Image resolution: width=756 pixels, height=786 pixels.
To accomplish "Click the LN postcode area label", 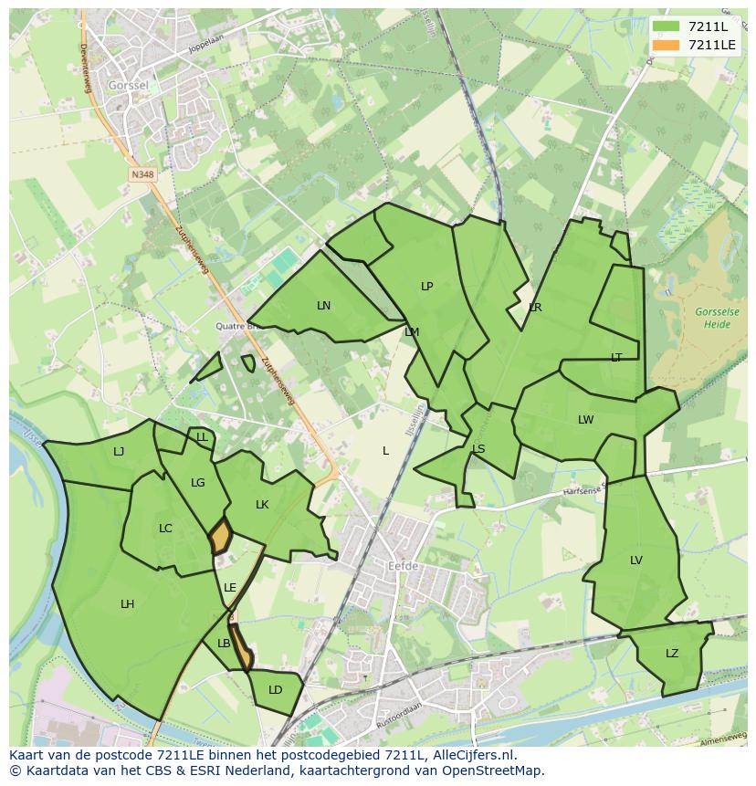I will pyautogui.click(x=323, y=306).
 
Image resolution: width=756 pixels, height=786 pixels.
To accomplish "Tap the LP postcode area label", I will pyautogui.click(x=426, y=287).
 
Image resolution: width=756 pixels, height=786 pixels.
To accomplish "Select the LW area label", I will pyautogui.click(x=585, y=420).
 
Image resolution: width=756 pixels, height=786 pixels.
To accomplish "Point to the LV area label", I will pyautogui.click(x=636, y=561).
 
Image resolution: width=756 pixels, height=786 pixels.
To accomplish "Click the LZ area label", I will pyautogui.click(x=672, y=654).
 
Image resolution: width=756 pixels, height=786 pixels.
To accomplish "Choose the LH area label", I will pyautogui.click(x=127, y=604).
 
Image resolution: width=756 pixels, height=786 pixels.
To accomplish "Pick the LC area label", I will pyautogui.click(x=165, y=529).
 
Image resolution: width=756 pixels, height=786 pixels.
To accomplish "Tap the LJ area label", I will pyautogui.click(x=119, y=452).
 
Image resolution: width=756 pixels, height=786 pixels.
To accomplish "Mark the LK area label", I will pyautogui.click(x=262, y=505).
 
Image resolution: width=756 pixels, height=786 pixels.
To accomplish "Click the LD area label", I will pyautogui.click(x=275, y=690).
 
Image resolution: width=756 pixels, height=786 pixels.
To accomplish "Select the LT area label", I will pyautogui.click(x=616, y=358).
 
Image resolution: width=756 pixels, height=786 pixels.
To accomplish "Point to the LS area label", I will pyautogui.click(x=478, y=449).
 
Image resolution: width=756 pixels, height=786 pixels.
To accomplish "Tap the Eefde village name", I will pyautogui.click(x=403, y=567).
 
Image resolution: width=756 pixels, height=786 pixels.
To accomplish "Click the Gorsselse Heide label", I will pyautogui.click(x=717, y=318).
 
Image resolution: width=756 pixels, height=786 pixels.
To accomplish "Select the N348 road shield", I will pyautogui.click(x=142, y=174).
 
